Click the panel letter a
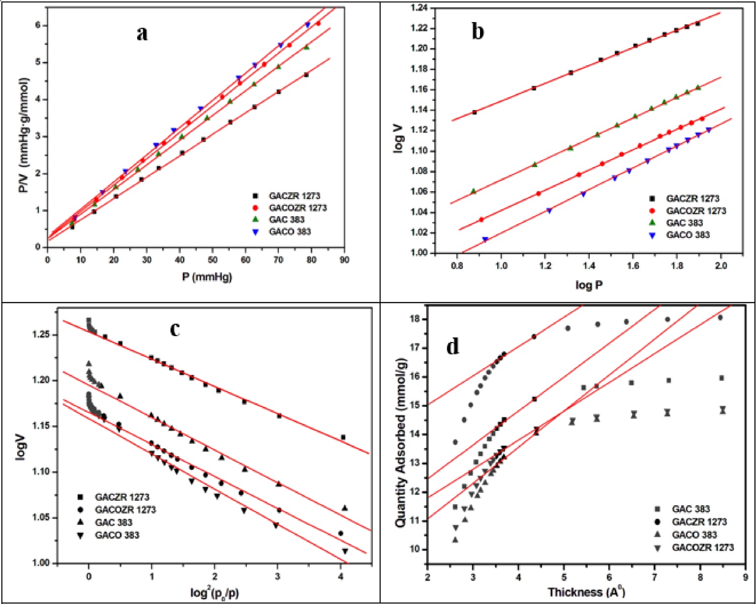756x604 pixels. pos(142,34)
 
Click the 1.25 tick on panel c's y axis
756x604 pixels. pos(41,335)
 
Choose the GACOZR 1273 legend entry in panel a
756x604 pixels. pos(298,208)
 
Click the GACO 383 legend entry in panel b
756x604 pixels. pos(688,235)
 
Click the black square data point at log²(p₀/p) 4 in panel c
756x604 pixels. pos(343,437)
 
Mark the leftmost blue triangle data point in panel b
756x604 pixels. pos(485,239)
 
